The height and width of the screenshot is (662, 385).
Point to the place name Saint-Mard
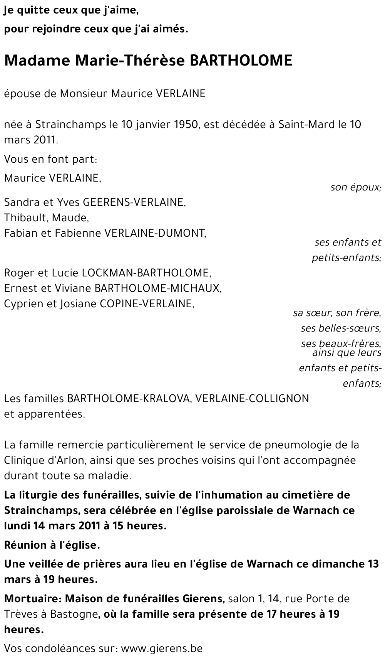[306, 125]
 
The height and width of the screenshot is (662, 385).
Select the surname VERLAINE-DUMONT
[155, 233]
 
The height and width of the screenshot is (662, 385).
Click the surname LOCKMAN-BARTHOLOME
[147, 273]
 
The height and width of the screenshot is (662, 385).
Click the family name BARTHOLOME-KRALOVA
[129, 399]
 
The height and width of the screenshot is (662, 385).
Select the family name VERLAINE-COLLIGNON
[252, 399]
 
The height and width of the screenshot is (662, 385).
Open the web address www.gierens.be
[162, 649]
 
